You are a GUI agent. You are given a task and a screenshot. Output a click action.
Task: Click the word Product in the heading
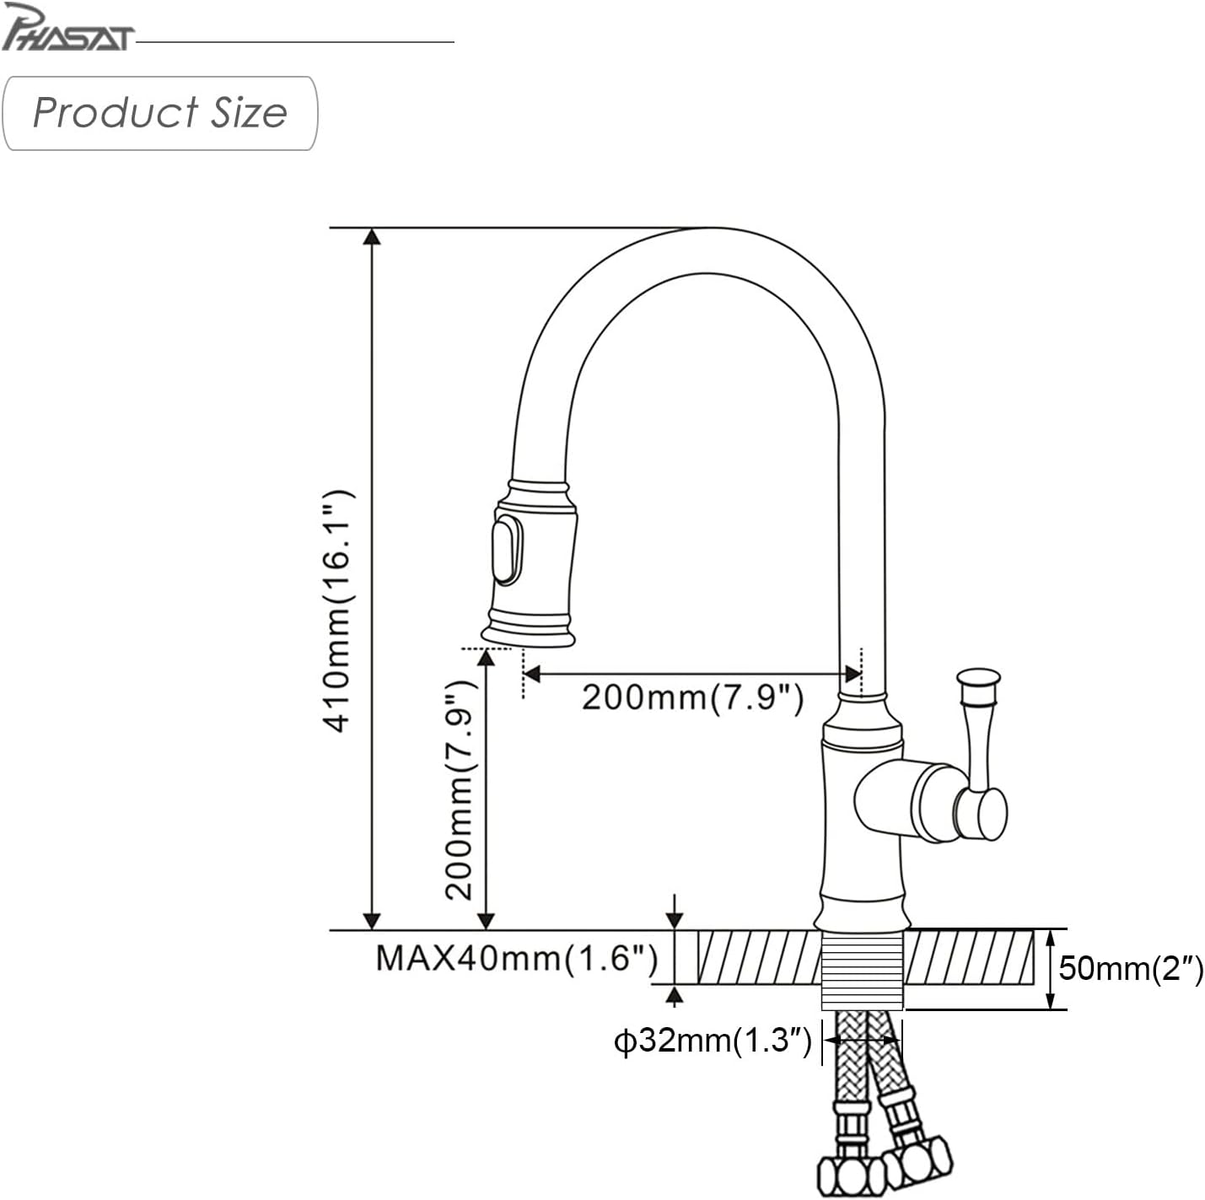tap(116, 113)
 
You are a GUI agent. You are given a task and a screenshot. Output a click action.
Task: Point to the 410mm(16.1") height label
tap(338, 611)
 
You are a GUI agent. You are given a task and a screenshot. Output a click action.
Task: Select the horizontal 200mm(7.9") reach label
tap(692, 697)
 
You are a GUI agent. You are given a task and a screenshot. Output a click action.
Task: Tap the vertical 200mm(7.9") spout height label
tap(461, 790)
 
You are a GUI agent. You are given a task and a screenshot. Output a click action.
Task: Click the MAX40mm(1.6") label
tap(517, 958)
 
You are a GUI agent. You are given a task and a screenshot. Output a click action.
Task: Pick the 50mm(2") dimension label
tap(1131, 967)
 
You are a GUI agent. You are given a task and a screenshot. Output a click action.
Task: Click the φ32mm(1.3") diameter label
tap(713, 1041)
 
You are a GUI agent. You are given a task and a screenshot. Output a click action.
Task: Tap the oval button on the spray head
tap(507, 550)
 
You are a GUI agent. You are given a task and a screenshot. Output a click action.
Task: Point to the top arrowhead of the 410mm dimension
tap(372, 236)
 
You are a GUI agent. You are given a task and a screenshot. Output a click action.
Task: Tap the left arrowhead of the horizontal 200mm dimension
tap(531, 674)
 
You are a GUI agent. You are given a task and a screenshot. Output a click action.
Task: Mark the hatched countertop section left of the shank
tap(759, 956)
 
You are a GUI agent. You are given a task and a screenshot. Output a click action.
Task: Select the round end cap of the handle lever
tap(992, 813)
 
